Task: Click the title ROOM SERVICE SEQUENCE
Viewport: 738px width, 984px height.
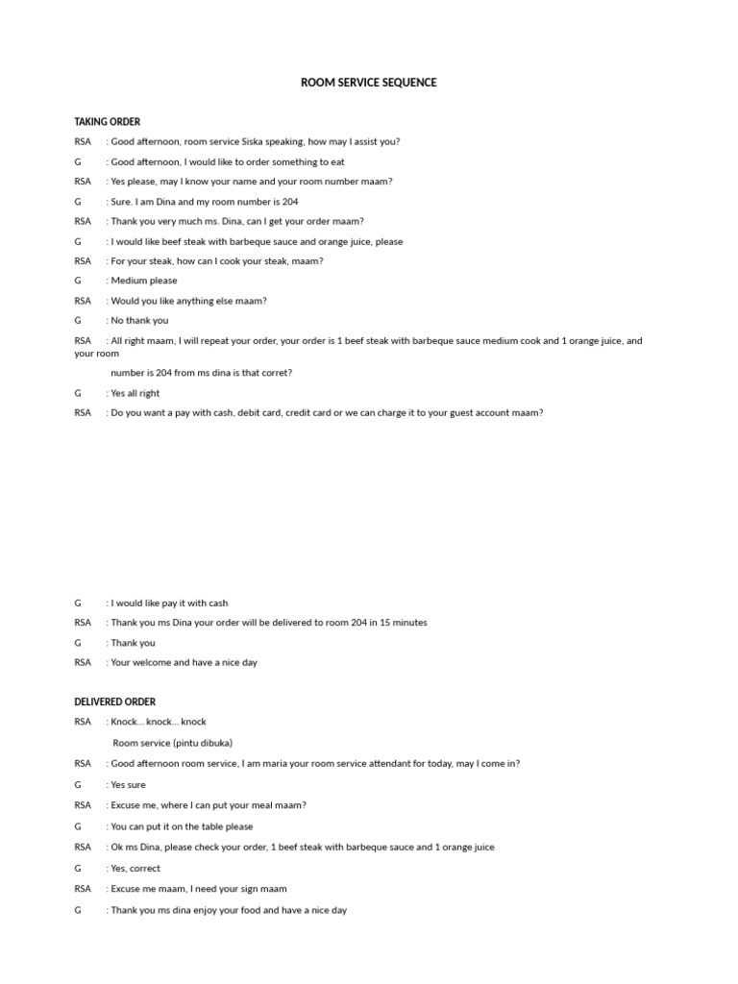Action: pyautogui.click(x=368, y=83)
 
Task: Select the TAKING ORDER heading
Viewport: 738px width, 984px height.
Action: pyautogui.click(x=107, y=122)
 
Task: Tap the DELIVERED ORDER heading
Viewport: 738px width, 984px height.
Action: pyautogui.click(x=114, y=701)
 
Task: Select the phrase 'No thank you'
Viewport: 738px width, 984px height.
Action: pyautogui.click(x=139, y=320)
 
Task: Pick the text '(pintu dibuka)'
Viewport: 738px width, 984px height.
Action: pyautogui.click(x=203, y=742)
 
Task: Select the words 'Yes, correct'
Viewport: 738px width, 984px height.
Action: pyautogui.click(x=135, y=868)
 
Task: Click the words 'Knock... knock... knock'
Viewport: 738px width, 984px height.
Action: pyautogui.click(x=159, y=722)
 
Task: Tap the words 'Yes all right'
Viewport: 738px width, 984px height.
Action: pyautogui.click(x=135, y=393)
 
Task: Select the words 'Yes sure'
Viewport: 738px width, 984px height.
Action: pyautogui.click(x=128, y=785)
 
